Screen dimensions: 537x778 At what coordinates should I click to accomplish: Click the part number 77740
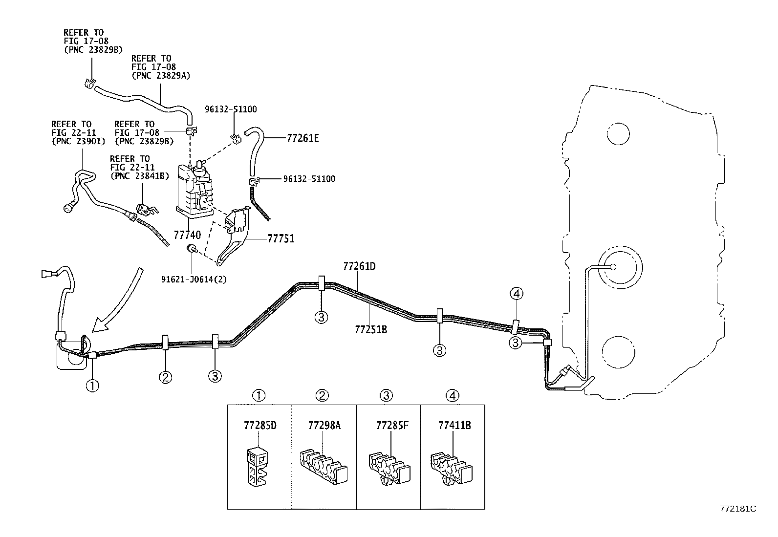(188, 236)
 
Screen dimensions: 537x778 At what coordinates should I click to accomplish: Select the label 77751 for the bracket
(281, 239)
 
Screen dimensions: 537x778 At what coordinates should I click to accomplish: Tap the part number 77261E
(303, 138)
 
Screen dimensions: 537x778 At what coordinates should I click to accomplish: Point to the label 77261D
(359, 266)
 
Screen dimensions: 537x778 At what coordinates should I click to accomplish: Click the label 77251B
(371, 329)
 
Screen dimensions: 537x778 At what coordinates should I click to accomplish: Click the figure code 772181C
(737, 509)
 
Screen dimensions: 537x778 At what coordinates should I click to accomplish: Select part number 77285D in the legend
(260, 425)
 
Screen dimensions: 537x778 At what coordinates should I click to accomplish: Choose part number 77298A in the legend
(324, 425)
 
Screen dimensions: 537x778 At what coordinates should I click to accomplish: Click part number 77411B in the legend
(454, 425)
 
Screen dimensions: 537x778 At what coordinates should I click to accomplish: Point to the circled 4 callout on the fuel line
(517, 294)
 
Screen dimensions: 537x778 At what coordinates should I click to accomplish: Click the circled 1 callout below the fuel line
(92, 386)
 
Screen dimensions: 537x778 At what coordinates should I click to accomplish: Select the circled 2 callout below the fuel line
(165, 377)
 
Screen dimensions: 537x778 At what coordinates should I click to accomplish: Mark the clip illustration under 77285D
(256, 466)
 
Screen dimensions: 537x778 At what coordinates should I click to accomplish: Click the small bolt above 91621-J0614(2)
(191, 250)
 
